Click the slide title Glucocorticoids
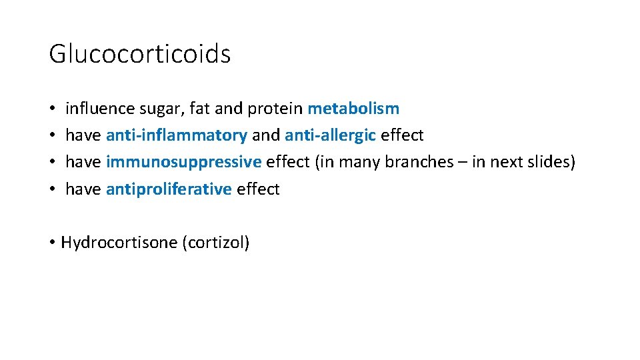pos(139,54)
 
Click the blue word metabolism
pos(353,108)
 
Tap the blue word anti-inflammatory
pos(176,135)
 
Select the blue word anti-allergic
pos(330,135)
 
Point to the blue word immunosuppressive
pos(183,162)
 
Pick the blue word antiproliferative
pos(169,189)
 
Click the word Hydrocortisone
pos(119,242)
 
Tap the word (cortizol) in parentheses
pos(215,242)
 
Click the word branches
pos(416,162)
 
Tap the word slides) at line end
pos(551,162)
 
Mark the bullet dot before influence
pos(51,109)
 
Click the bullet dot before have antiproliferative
pos(51,190)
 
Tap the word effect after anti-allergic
pos(402,135)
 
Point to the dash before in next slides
pos(461,163)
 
